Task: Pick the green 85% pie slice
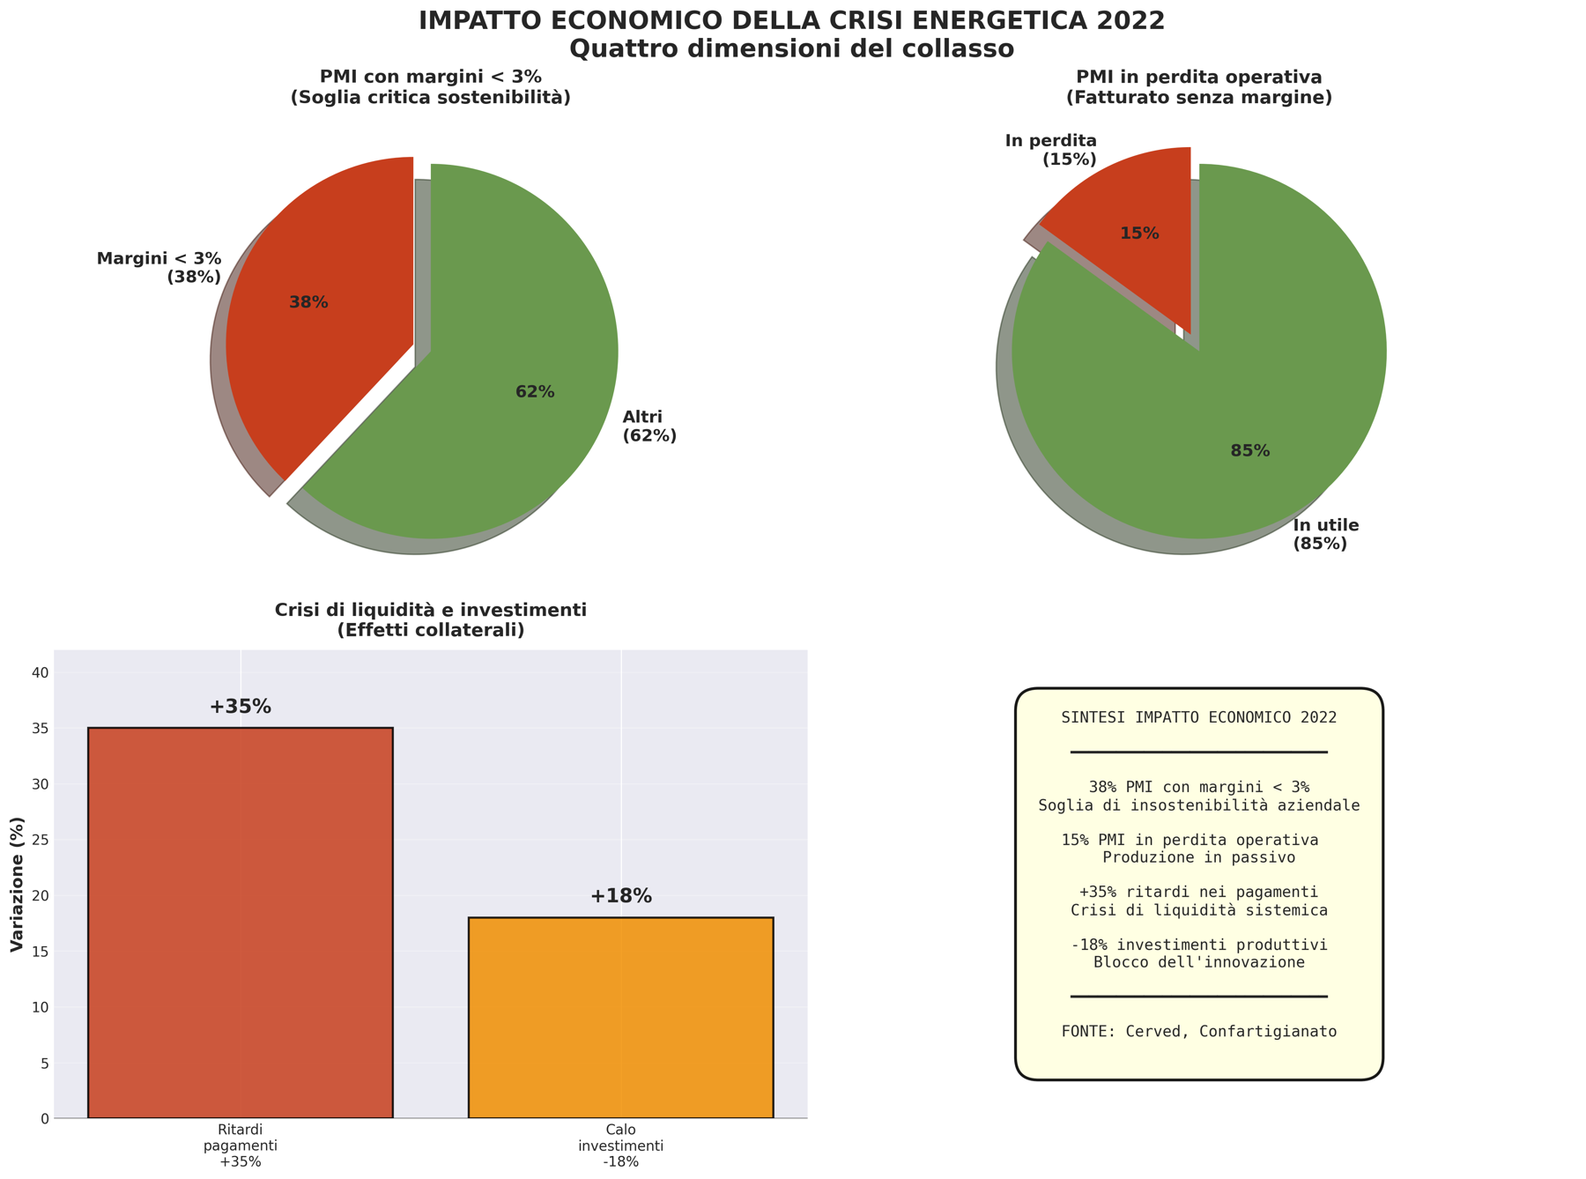tap(1234, 423)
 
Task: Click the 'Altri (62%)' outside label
tap(649, 426)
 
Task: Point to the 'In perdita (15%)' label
tap(1051, 150)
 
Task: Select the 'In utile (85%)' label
tap(1325, 535)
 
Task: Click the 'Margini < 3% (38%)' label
tap(159, 268)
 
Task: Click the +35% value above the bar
tap(240, 707)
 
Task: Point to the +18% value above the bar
tap(620, 896)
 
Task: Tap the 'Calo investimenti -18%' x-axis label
tap(620, 1146)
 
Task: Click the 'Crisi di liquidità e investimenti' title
tap(430, 610)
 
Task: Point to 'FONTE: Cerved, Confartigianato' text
tap(1198, 1031)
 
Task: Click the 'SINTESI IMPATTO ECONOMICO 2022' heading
tap(1198, 717)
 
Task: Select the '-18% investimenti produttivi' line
tap(1198, 945)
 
